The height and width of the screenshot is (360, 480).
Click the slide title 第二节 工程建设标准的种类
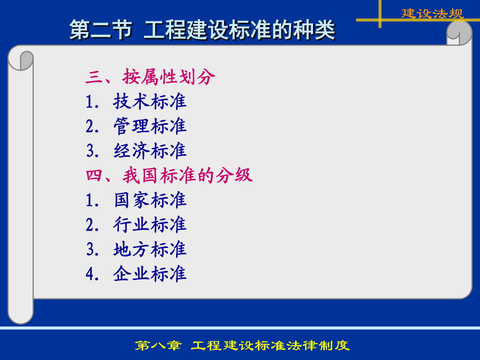(202, 30)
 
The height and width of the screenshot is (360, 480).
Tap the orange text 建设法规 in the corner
(433, 13)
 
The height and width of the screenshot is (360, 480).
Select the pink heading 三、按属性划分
(150, 76)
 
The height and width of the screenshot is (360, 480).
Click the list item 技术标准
(150, 101)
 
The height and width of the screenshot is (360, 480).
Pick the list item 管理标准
(150, 126)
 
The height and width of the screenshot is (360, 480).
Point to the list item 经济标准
(150, 150)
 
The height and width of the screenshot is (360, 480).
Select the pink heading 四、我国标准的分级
(169, 175)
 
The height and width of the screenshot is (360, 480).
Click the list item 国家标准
(150, 200)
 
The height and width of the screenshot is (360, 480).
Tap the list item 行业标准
(150, 225)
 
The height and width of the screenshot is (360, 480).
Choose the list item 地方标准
(150, 249)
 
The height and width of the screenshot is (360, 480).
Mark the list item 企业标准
(150, 274)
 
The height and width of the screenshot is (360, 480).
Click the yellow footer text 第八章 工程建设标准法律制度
(242, 346)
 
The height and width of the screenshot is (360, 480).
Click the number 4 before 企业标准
(90, 274)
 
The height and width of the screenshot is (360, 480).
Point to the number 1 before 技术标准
(90, 102)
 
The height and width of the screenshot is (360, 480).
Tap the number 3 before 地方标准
(90, 250)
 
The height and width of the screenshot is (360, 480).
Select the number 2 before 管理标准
(90, 126)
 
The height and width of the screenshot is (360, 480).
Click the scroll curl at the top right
(459, 33)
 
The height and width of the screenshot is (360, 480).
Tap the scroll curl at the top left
(21, 59)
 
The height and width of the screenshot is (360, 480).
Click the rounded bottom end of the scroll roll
(20, 315)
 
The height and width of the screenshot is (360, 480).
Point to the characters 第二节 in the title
(100, 30)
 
